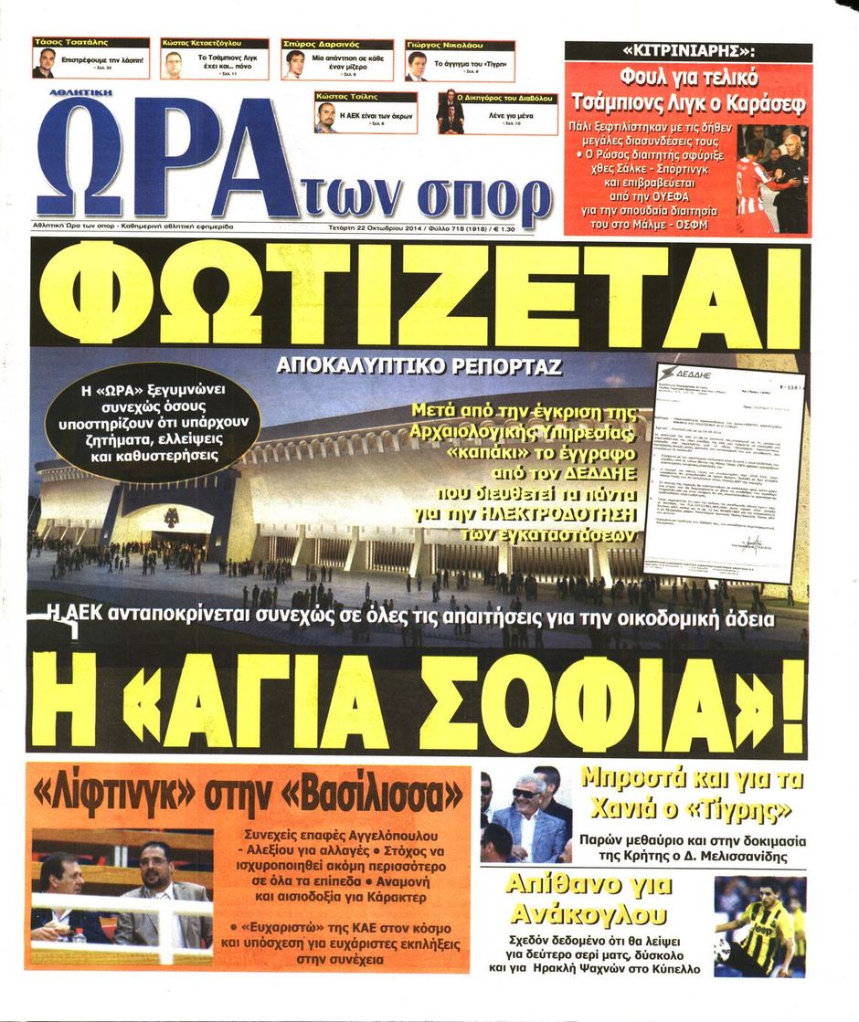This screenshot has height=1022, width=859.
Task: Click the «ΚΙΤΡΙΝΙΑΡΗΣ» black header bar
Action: coord(688,52)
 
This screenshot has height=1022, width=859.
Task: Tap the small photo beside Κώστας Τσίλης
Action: coord(326,117)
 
